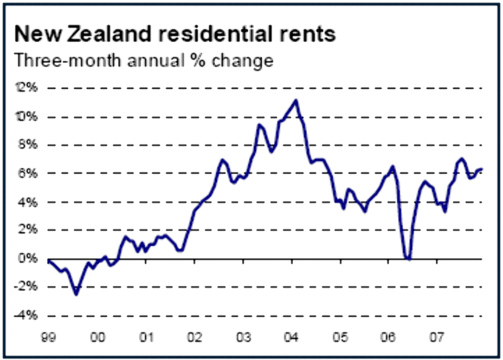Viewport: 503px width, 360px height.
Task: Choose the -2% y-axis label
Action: click(x=28, y=286)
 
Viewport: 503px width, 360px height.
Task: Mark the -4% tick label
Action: click(x=28, y=315)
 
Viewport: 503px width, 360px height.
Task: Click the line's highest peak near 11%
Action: click(x=296, y=101)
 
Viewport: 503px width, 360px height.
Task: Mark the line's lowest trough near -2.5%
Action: click(x=76, y=294)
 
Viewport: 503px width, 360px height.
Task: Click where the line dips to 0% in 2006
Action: click(x=409, y=258)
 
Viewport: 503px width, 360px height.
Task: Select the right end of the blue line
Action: click(x=482, y=169)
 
